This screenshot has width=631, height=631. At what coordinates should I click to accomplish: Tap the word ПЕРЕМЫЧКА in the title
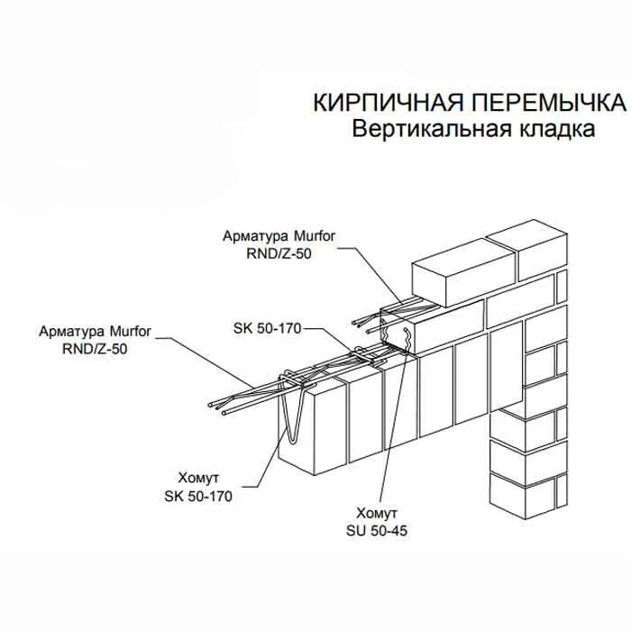pyautogui.click(x=524, y=101)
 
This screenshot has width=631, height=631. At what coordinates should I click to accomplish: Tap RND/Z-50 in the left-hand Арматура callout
pyautogui.click(x=96, y=346)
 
